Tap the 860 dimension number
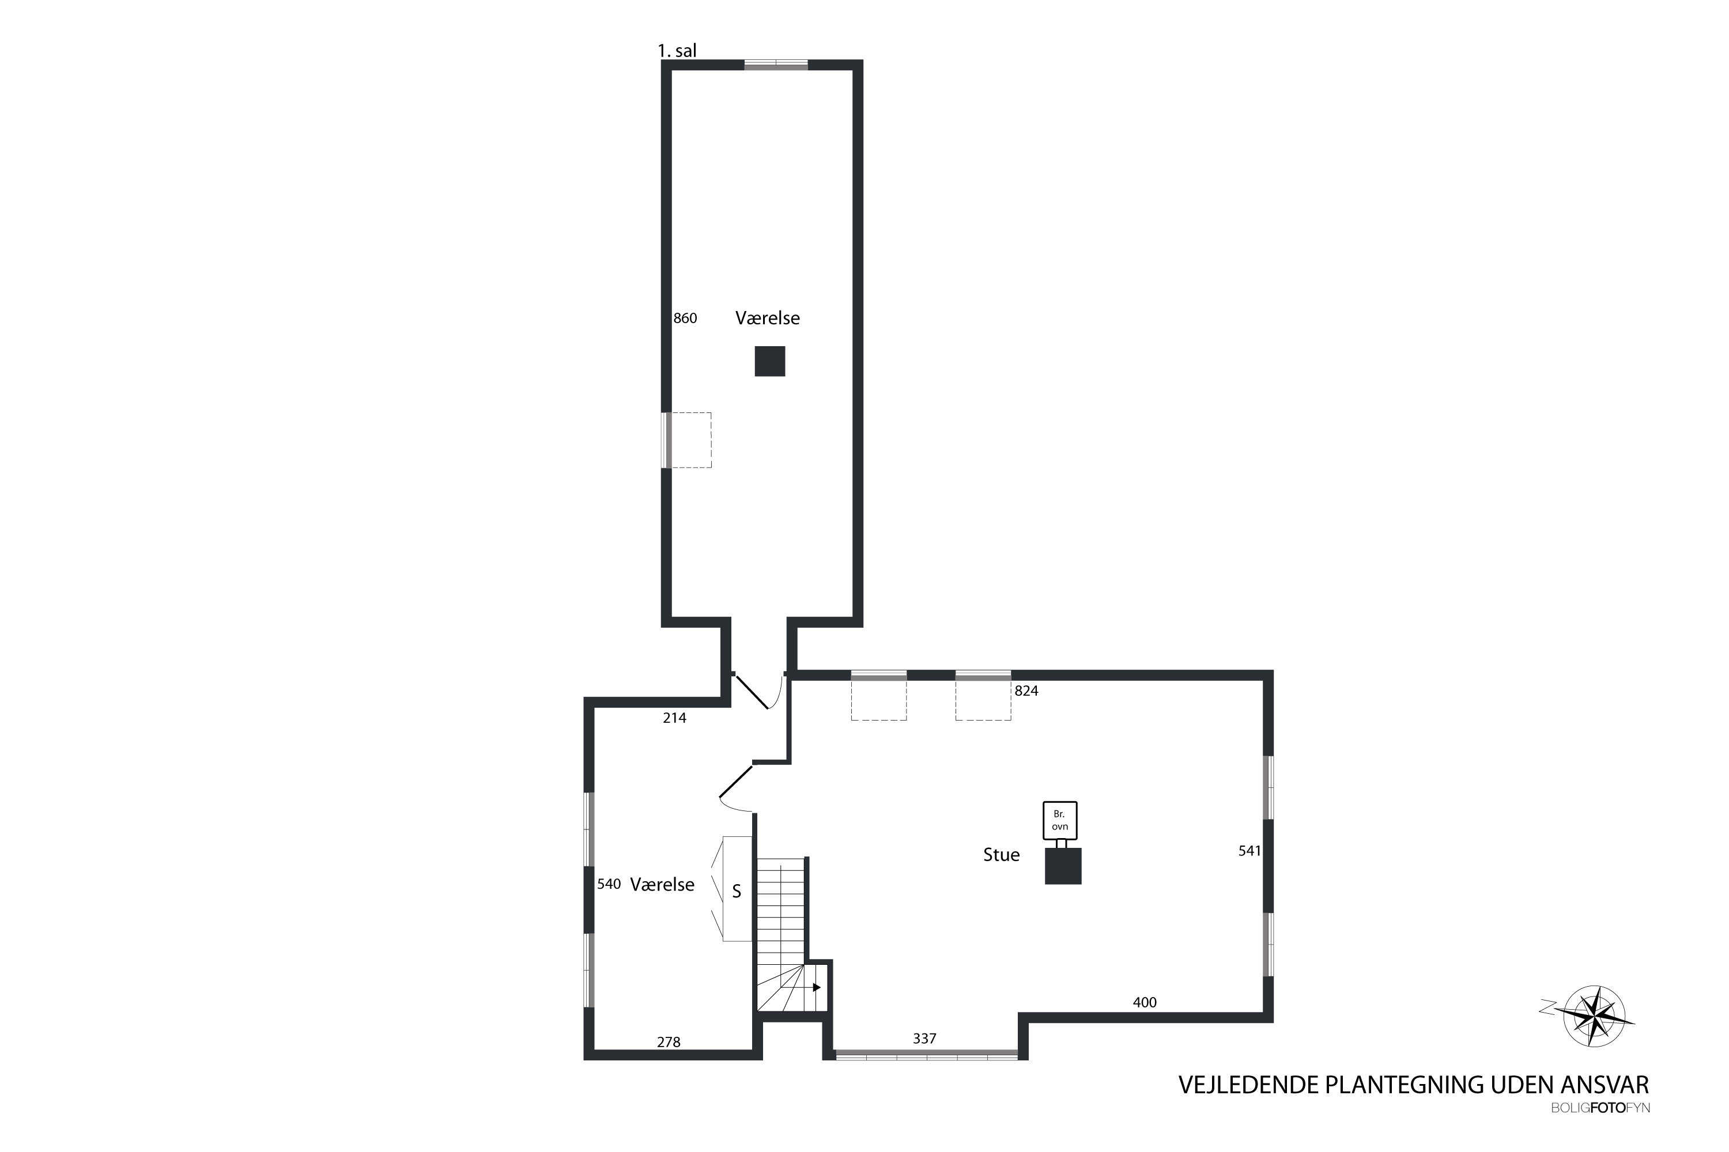(x=685, y=318)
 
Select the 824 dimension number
(x=1026, y=691)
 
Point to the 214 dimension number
(x=674, y=718)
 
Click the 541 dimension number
(x=1249, y=851)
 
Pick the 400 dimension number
(x=1145, y=1002)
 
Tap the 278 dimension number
(x=668, y=1042)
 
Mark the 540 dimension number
(x=609, y=884)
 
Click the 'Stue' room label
(x=1001, y=854)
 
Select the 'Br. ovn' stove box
(x=1060, y=821)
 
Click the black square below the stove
(x=1063, y=866)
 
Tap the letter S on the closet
(x=737, y=892)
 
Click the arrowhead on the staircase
(x=817, y=987)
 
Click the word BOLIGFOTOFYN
(x=1600, y=1108)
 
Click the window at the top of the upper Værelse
(x=776, y=65)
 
